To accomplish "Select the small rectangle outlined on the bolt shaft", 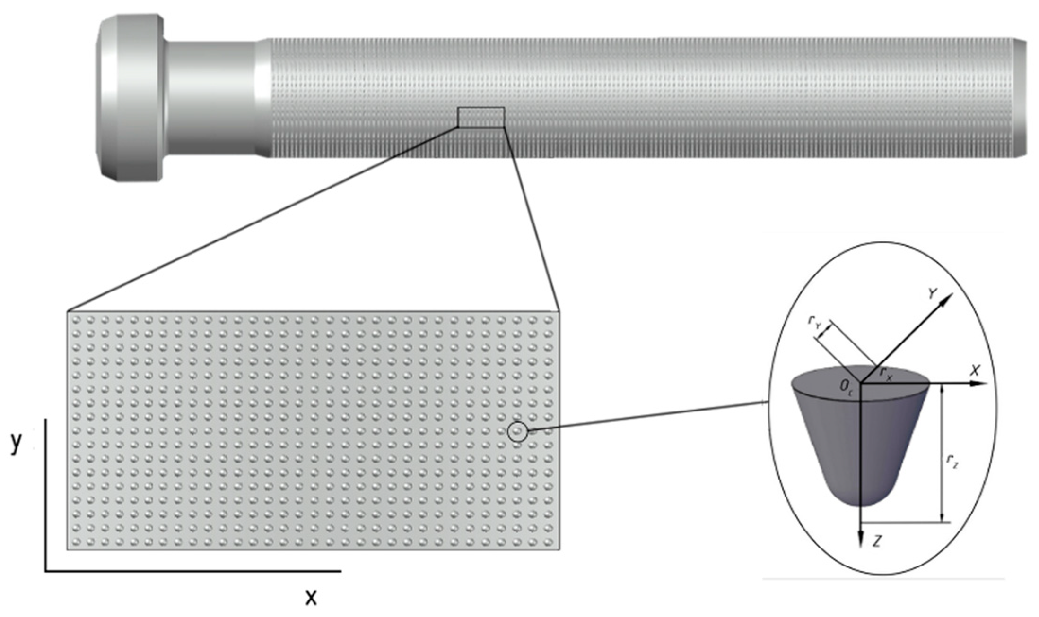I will (x=481, y=117).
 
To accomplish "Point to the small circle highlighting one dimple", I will (x=517, y=431).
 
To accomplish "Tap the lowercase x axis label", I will (x=311, y=598).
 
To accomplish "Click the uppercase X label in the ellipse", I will (x=974, y=371).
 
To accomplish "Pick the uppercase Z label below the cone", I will (x=877, y=541).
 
